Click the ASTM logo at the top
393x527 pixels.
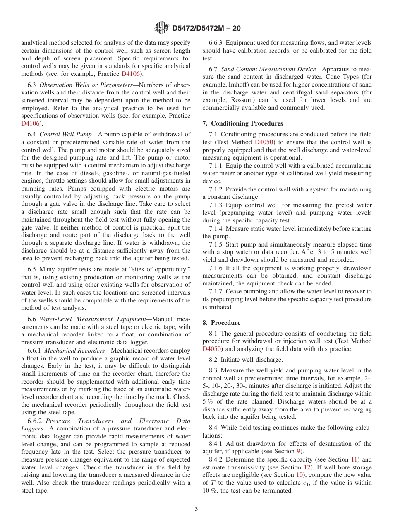coord(161,28)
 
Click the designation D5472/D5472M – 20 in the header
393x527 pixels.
coord(205,28)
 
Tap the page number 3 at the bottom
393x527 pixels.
coord(196,509)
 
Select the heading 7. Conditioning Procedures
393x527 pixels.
coord(242,123)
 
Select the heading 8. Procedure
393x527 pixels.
coord(221,323)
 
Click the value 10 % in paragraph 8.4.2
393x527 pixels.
coord(210,491)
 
